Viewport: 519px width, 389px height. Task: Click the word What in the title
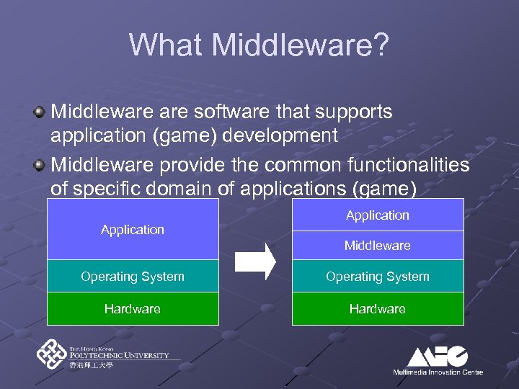(x=167, y=45)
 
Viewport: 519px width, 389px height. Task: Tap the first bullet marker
(x=40, y=112)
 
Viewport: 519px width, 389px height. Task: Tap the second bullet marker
(x=40, y=166)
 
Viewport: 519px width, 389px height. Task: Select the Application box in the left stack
(x=133, y=229)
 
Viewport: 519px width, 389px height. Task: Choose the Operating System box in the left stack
(x=133, y=277)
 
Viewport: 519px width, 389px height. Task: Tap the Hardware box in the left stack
(x=133, y=309)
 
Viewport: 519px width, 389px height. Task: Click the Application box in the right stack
(x=378, y=215)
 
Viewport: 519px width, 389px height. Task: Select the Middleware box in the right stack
(x=378, y=246)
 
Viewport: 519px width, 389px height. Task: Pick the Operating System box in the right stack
(x=378, y=277)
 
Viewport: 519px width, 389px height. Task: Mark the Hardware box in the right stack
(x=378, y=309)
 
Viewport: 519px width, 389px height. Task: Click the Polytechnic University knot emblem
(x=52, y=354)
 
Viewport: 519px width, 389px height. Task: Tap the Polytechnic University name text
(x=119, y=354)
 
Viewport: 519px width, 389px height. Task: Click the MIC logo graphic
(x=438, y=356)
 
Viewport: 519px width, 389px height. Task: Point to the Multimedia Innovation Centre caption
(x=438, y=372)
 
